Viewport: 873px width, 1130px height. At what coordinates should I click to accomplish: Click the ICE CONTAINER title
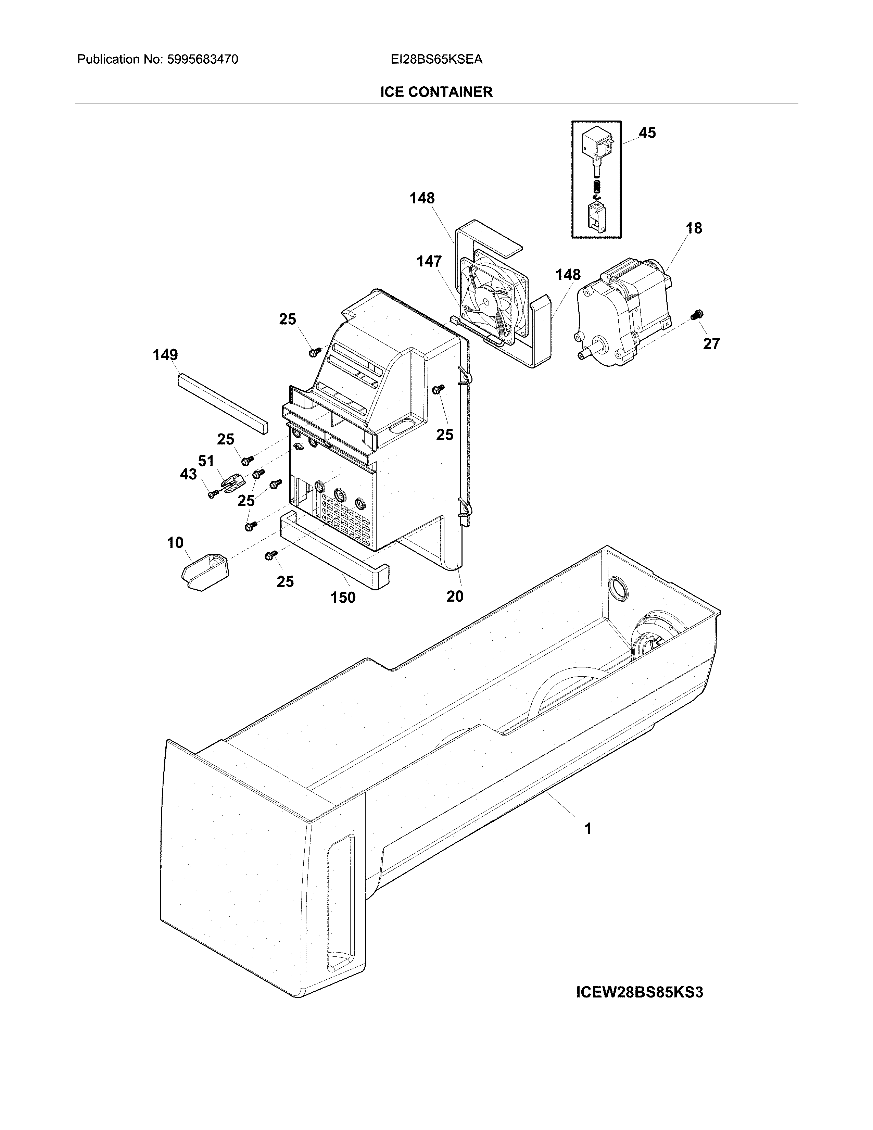[436, 92]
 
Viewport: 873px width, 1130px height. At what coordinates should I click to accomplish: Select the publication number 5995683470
[202, 60]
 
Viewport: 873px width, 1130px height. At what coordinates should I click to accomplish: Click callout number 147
[429, 262]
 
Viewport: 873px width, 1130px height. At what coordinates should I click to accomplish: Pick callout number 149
[165, 355]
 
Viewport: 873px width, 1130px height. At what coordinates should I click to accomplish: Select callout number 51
[206, 461]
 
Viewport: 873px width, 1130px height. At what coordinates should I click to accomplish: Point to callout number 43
[188, 474]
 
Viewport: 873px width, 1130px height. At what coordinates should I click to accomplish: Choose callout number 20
[455, 597]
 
